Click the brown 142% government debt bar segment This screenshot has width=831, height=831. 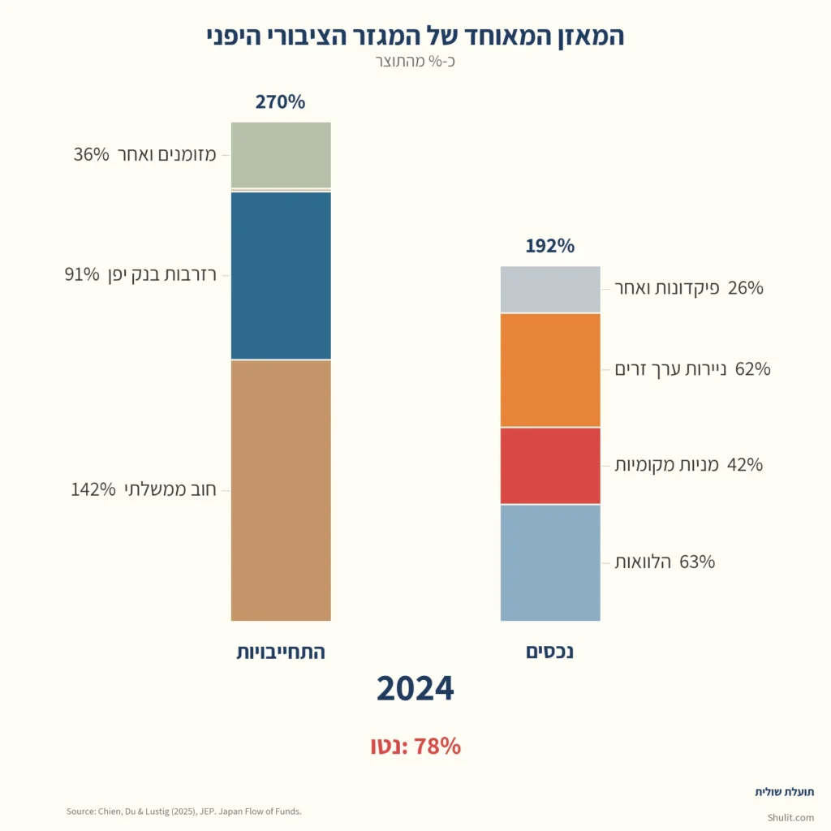click(281, 490)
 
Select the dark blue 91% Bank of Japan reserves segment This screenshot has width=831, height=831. click(281, 275)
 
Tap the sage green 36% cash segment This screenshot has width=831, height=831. click(281, 154)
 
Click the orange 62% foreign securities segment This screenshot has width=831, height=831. click(550, 369)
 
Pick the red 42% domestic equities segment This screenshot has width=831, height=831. click(550, 465)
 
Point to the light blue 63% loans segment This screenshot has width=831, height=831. click(550, 562)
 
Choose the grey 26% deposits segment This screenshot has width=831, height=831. click(550, 289)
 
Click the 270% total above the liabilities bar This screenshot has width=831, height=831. click(280, 102)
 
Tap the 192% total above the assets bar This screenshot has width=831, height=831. click(549, 246)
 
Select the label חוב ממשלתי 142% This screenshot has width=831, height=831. click(144, 490)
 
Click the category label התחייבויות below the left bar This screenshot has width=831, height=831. click(281, 652)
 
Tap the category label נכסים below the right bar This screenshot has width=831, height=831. click(550, 652)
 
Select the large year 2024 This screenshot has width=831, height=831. click(415, 688)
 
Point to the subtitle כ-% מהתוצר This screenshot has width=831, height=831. click(415, 62)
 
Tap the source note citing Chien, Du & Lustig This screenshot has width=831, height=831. click(183, 811)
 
